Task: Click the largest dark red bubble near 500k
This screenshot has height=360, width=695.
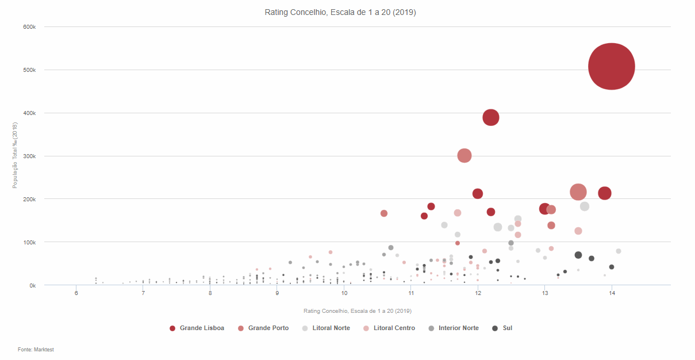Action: [x=612, y=67]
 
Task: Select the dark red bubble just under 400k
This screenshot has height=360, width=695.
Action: [x=490, y=117]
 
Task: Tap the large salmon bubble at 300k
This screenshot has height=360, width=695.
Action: [x=464, y=155]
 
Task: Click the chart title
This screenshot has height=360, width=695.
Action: [x=340, y=12]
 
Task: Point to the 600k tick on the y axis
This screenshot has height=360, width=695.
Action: [x=30, y=27]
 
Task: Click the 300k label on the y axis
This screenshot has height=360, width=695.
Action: [x=30, y=156]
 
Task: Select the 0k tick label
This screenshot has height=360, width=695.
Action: [x=32, y=285]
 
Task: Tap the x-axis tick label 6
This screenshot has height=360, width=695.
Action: [x=76, y=293]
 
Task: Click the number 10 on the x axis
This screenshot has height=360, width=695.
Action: [x=344, y=293]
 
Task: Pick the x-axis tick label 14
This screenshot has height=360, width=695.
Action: [x=612, y=293]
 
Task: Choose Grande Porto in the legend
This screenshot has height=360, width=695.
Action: [x=268, y=328]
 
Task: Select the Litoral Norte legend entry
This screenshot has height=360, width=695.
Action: [x=331, y=328]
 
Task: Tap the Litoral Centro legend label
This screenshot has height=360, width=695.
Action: [x=394, y=328]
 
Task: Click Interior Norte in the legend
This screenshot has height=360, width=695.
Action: [x=458, y=328]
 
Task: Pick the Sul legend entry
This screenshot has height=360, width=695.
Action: [x=507, y=328]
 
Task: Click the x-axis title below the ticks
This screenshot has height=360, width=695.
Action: [x=358, y=311]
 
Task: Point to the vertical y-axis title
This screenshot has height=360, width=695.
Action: [x=16, y=155]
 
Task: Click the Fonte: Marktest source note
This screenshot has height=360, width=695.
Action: [x=36, y=350]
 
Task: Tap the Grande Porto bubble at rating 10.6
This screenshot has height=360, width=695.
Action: [x=384, y=213]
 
